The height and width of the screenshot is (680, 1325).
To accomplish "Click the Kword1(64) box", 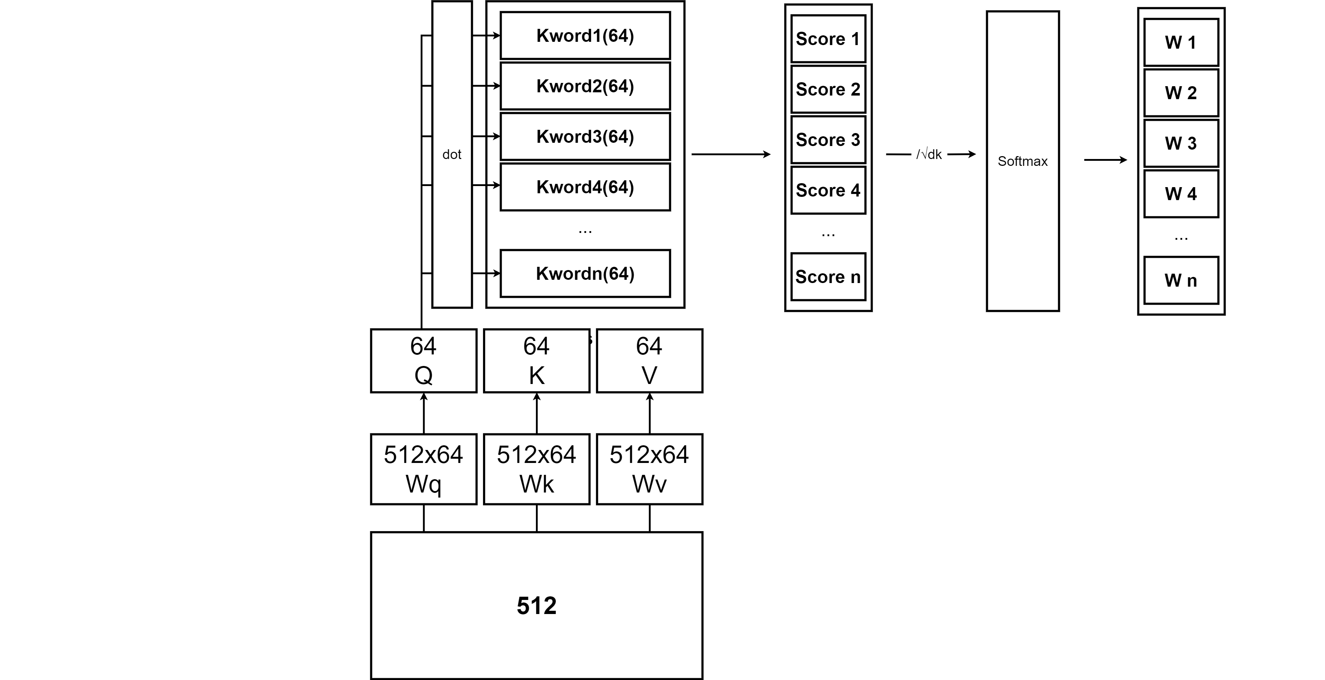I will [x=585, y=36].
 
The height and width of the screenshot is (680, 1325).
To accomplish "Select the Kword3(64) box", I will [x=585, y=136].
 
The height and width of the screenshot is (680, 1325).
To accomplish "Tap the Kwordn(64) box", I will [x=585, y=273].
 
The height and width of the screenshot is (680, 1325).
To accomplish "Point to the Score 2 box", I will [x=828, y=89].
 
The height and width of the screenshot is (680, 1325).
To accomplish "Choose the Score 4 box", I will [x=828, y=190].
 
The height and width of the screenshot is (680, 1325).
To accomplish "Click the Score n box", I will [x=828, y=277].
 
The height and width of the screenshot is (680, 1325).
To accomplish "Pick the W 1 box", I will [x=1181, y=42].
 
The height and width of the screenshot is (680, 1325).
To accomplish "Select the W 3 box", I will [x=1181, y=143].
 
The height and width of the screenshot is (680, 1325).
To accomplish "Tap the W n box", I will [x=1181, y=281].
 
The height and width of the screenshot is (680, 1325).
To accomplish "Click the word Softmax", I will [x=1022, y=161].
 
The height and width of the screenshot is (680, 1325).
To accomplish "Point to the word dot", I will [x=452, y=154].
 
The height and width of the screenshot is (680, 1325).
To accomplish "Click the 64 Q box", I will [x=423, y=360].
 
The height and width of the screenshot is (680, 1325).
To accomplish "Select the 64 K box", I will [x=537, y=360].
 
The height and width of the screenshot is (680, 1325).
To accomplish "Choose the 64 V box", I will [x=649, y=360].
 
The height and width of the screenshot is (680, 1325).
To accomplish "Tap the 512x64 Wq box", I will [x=423, y=469].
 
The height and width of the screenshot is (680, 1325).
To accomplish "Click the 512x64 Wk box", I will [x=537, y=469].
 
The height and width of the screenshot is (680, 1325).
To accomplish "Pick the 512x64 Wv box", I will [x=649, y=469].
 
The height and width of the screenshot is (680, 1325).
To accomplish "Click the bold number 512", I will [x=537, y=605].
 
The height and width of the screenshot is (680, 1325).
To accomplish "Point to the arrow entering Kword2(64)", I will [x=493, y=85].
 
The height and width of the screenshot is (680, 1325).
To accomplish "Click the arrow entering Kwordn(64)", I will [x=493, y=273].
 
